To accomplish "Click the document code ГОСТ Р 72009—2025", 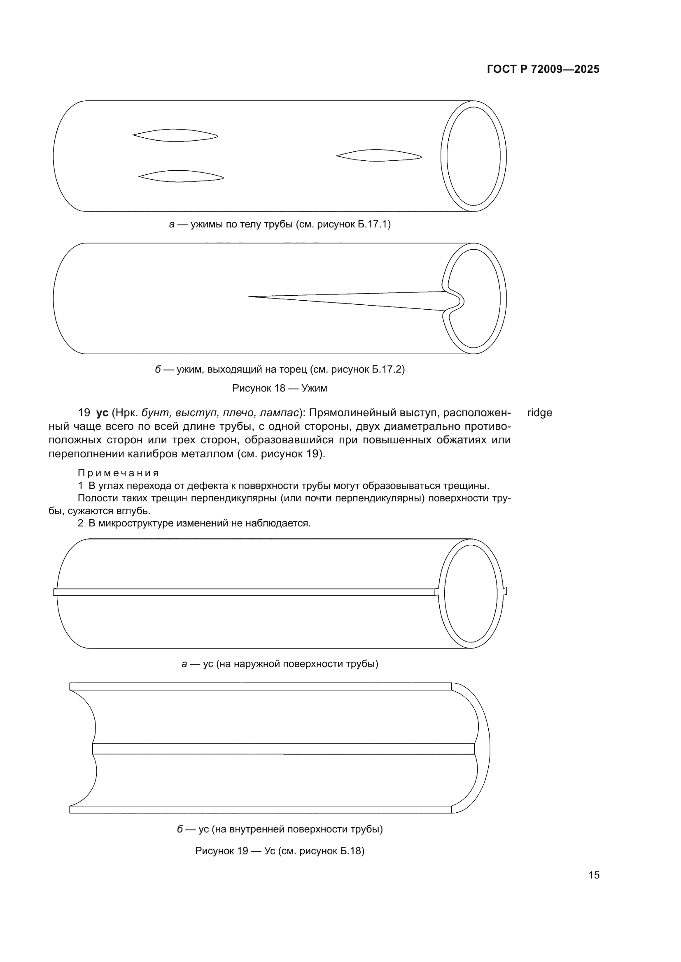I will click(x=543, y=69).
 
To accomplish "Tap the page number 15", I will click(x=594, y=875).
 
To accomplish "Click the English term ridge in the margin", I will click(x=539, y=413).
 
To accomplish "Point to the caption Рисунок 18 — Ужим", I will click(x=280, y=388).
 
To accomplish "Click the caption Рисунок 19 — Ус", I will click(x=280, y=851).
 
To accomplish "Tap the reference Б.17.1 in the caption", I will click(x=372, y=224).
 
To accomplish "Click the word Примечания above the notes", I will click(x=118, y=473).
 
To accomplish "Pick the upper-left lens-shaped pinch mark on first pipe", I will click(x=175, y=135).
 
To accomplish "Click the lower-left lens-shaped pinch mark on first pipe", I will click(x=181, y=176).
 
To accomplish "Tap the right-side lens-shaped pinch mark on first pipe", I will click(x=379, y=155).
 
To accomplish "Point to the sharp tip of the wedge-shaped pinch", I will click(x=251, y=297).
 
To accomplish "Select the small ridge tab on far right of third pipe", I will click(x=505, y=591).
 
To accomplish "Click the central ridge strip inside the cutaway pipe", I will click(x=283, y=748).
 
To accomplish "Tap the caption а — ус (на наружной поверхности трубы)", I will click(x=280, y=664).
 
